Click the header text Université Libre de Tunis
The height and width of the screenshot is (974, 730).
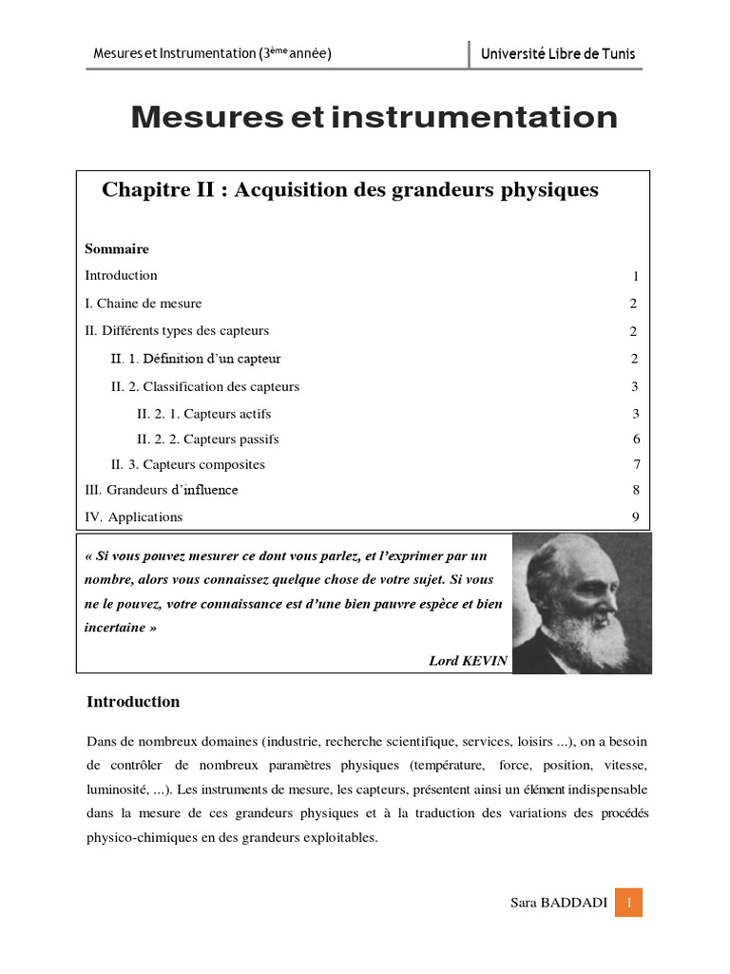pos(558,54)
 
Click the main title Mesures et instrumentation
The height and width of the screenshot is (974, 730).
pos(374,118)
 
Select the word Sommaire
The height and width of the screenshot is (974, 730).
pos(117,249)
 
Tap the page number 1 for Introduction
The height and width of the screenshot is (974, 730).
pos(635,277)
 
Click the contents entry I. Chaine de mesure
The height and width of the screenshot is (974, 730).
pos(144,303)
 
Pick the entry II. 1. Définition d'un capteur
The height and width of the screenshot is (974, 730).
pos(196,359)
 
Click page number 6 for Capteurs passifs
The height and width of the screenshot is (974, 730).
pos(636,439)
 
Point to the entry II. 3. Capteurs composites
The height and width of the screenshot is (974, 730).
pos(188,465)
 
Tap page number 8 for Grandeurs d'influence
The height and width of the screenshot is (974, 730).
pos(636,491)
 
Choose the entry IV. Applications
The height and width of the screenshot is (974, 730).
pos(134,517)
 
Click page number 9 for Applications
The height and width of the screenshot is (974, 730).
pos(636,517)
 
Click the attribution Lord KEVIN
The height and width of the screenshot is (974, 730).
pos(469,661)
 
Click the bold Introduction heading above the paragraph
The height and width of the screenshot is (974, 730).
pos(133,702)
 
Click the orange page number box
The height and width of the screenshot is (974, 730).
pos(628,902)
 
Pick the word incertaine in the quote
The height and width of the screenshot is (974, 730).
pos(116,628)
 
